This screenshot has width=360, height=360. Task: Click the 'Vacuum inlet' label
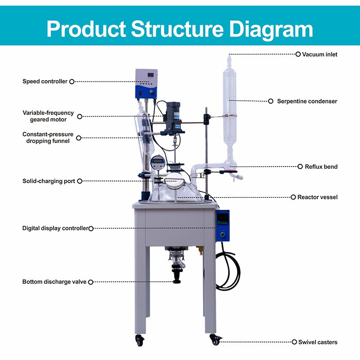tap(319, 54)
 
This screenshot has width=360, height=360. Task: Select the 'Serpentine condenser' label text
tap(307, 101)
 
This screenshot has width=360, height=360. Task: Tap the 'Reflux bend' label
tap(321, 166)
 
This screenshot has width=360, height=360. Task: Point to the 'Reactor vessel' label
tap(317, 197)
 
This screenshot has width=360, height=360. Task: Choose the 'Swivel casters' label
tap(318, 342)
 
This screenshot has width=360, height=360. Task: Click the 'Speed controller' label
tap(45, 81)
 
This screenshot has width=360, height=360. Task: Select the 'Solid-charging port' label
tap(49, 181)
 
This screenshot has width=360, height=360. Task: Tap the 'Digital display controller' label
tap(55, 229)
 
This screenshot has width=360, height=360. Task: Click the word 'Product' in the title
tap(85, 28)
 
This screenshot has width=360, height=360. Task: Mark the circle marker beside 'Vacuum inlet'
tap(298, 54)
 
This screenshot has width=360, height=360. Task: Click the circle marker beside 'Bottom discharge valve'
tap(90, 282)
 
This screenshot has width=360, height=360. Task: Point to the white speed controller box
tap(147, 83)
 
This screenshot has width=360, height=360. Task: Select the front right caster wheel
tap(215, 341)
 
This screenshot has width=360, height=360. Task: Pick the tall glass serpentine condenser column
tap(229, 99)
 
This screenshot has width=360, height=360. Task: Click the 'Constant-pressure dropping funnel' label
tap(48, 138)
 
